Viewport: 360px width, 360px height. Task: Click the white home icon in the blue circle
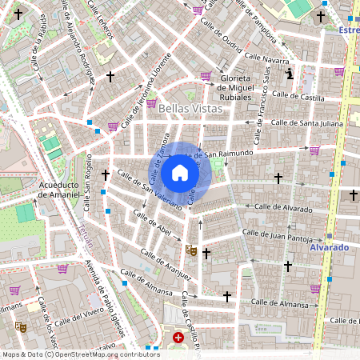coord(180,173)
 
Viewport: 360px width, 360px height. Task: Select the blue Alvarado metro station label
coord(329,248)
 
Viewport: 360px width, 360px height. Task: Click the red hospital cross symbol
coord(178,338)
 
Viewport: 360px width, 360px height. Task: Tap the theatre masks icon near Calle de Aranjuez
coord(190,250)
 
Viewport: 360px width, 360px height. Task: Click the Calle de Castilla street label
coord(297,97)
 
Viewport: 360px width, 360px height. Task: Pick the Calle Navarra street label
coord(266,59)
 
